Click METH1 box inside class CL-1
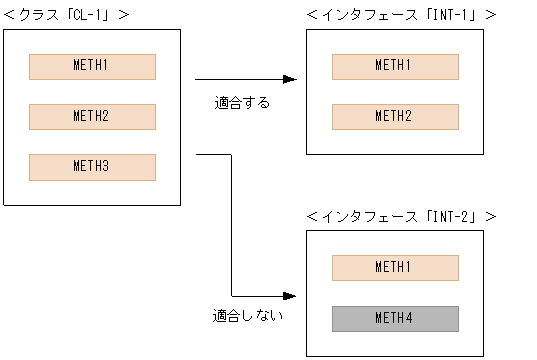[92, 66]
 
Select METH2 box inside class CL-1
[92, 116]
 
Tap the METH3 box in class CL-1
[92, 166]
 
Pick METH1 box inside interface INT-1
[395, 66]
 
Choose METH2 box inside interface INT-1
[395, 116]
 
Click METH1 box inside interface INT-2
[395, 267]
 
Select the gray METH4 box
[395, 318]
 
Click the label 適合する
[242, 102]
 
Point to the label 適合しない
[247, 316]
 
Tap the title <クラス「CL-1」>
[67, 14]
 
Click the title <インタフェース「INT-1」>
[401, 14]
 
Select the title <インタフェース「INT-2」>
[401, 216]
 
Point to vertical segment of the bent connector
[232, 225]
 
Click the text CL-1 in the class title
[87, 14]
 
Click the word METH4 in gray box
[395, 318]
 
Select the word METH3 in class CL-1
[92, 166]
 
